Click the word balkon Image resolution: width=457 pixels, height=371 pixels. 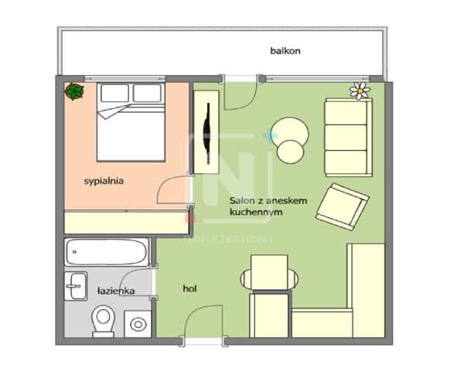(x=285, y=51)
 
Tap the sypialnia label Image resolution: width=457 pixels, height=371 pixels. (x=104, y=181)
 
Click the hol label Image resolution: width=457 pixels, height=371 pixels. (x=189, y=288)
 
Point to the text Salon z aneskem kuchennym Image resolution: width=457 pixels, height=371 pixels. (x=268, y=205)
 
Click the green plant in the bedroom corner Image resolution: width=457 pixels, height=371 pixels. (x=74, y=92)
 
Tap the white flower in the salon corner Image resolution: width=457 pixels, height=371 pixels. (x=360, y=90)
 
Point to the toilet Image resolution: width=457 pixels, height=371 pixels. (x=103, y=320)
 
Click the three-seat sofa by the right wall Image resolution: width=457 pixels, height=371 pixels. (x=346, y=136)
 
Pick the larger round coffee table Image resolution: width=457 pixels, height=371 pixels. (x=288, y=131)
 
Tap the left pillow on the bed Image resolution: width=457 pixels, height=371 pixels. (x=113, y=94)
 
